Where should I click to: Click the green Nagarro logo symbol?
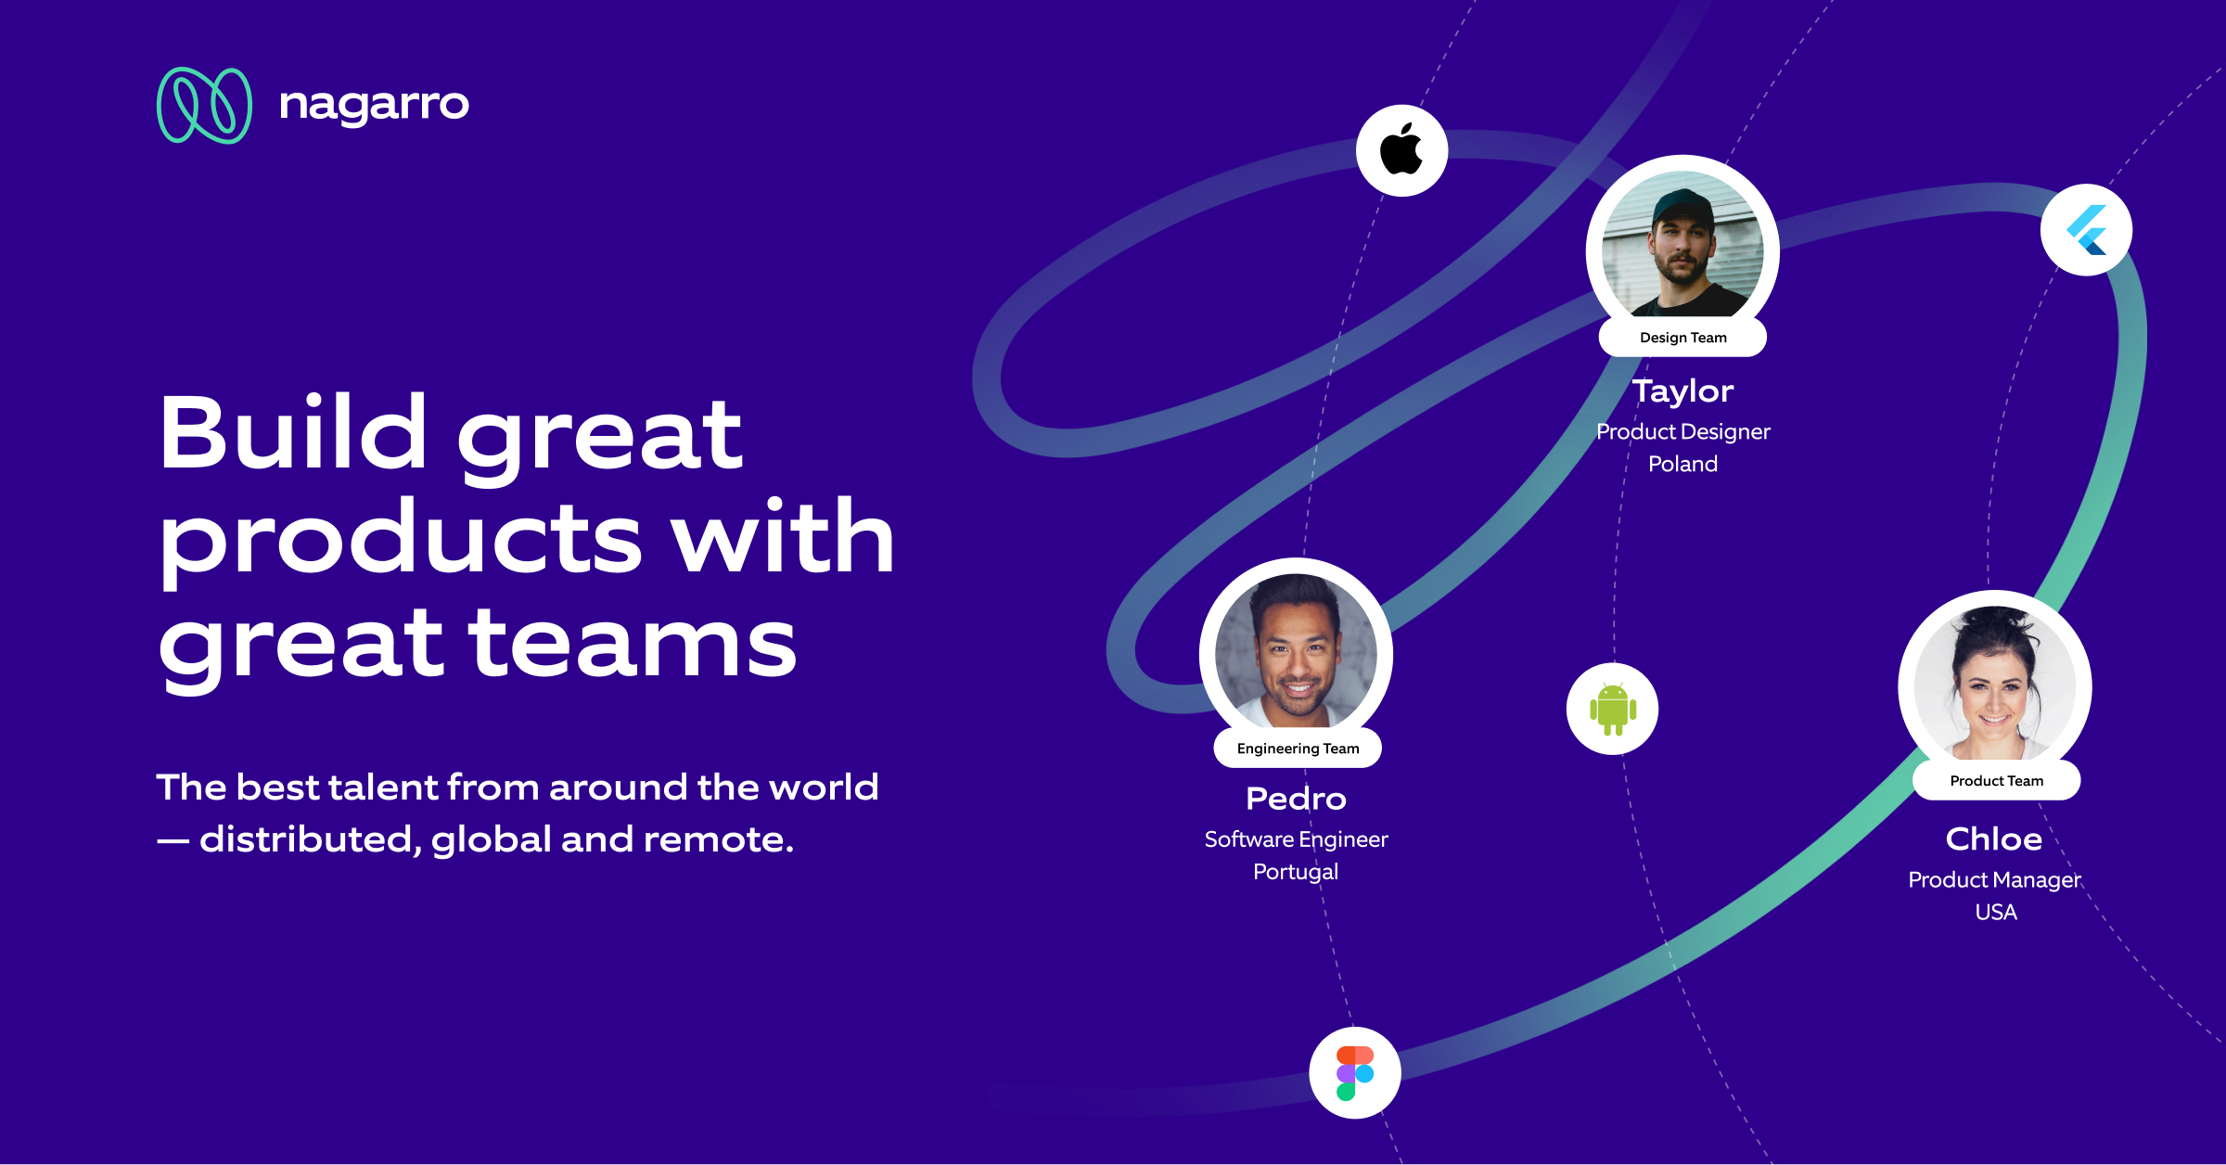204,105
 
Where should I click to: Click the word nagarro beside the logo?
374,105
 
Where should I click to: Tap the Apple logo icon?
1401,149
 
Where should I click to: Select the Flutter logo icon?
2086,230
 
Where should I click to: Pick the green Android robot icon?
1613,710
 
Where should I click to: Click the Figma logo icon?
1355,1073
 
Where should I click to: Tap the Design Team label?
1682,338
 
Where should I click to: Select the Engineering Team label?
1298,749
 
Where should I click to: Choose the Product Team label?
1996,781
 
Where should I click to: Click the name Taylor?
1682,390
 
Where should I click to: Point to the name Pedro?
1296,799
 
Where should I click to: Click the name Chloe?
1994,839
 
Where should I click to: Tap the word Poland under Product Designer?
1682,464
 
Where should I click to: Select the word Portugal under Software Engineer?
1296,872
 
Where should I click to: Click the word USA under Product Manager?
1996,912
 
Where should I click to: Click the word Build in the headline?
292,434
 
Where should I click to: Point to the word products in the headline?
401,540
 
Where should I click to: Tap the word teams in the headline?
633,643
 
